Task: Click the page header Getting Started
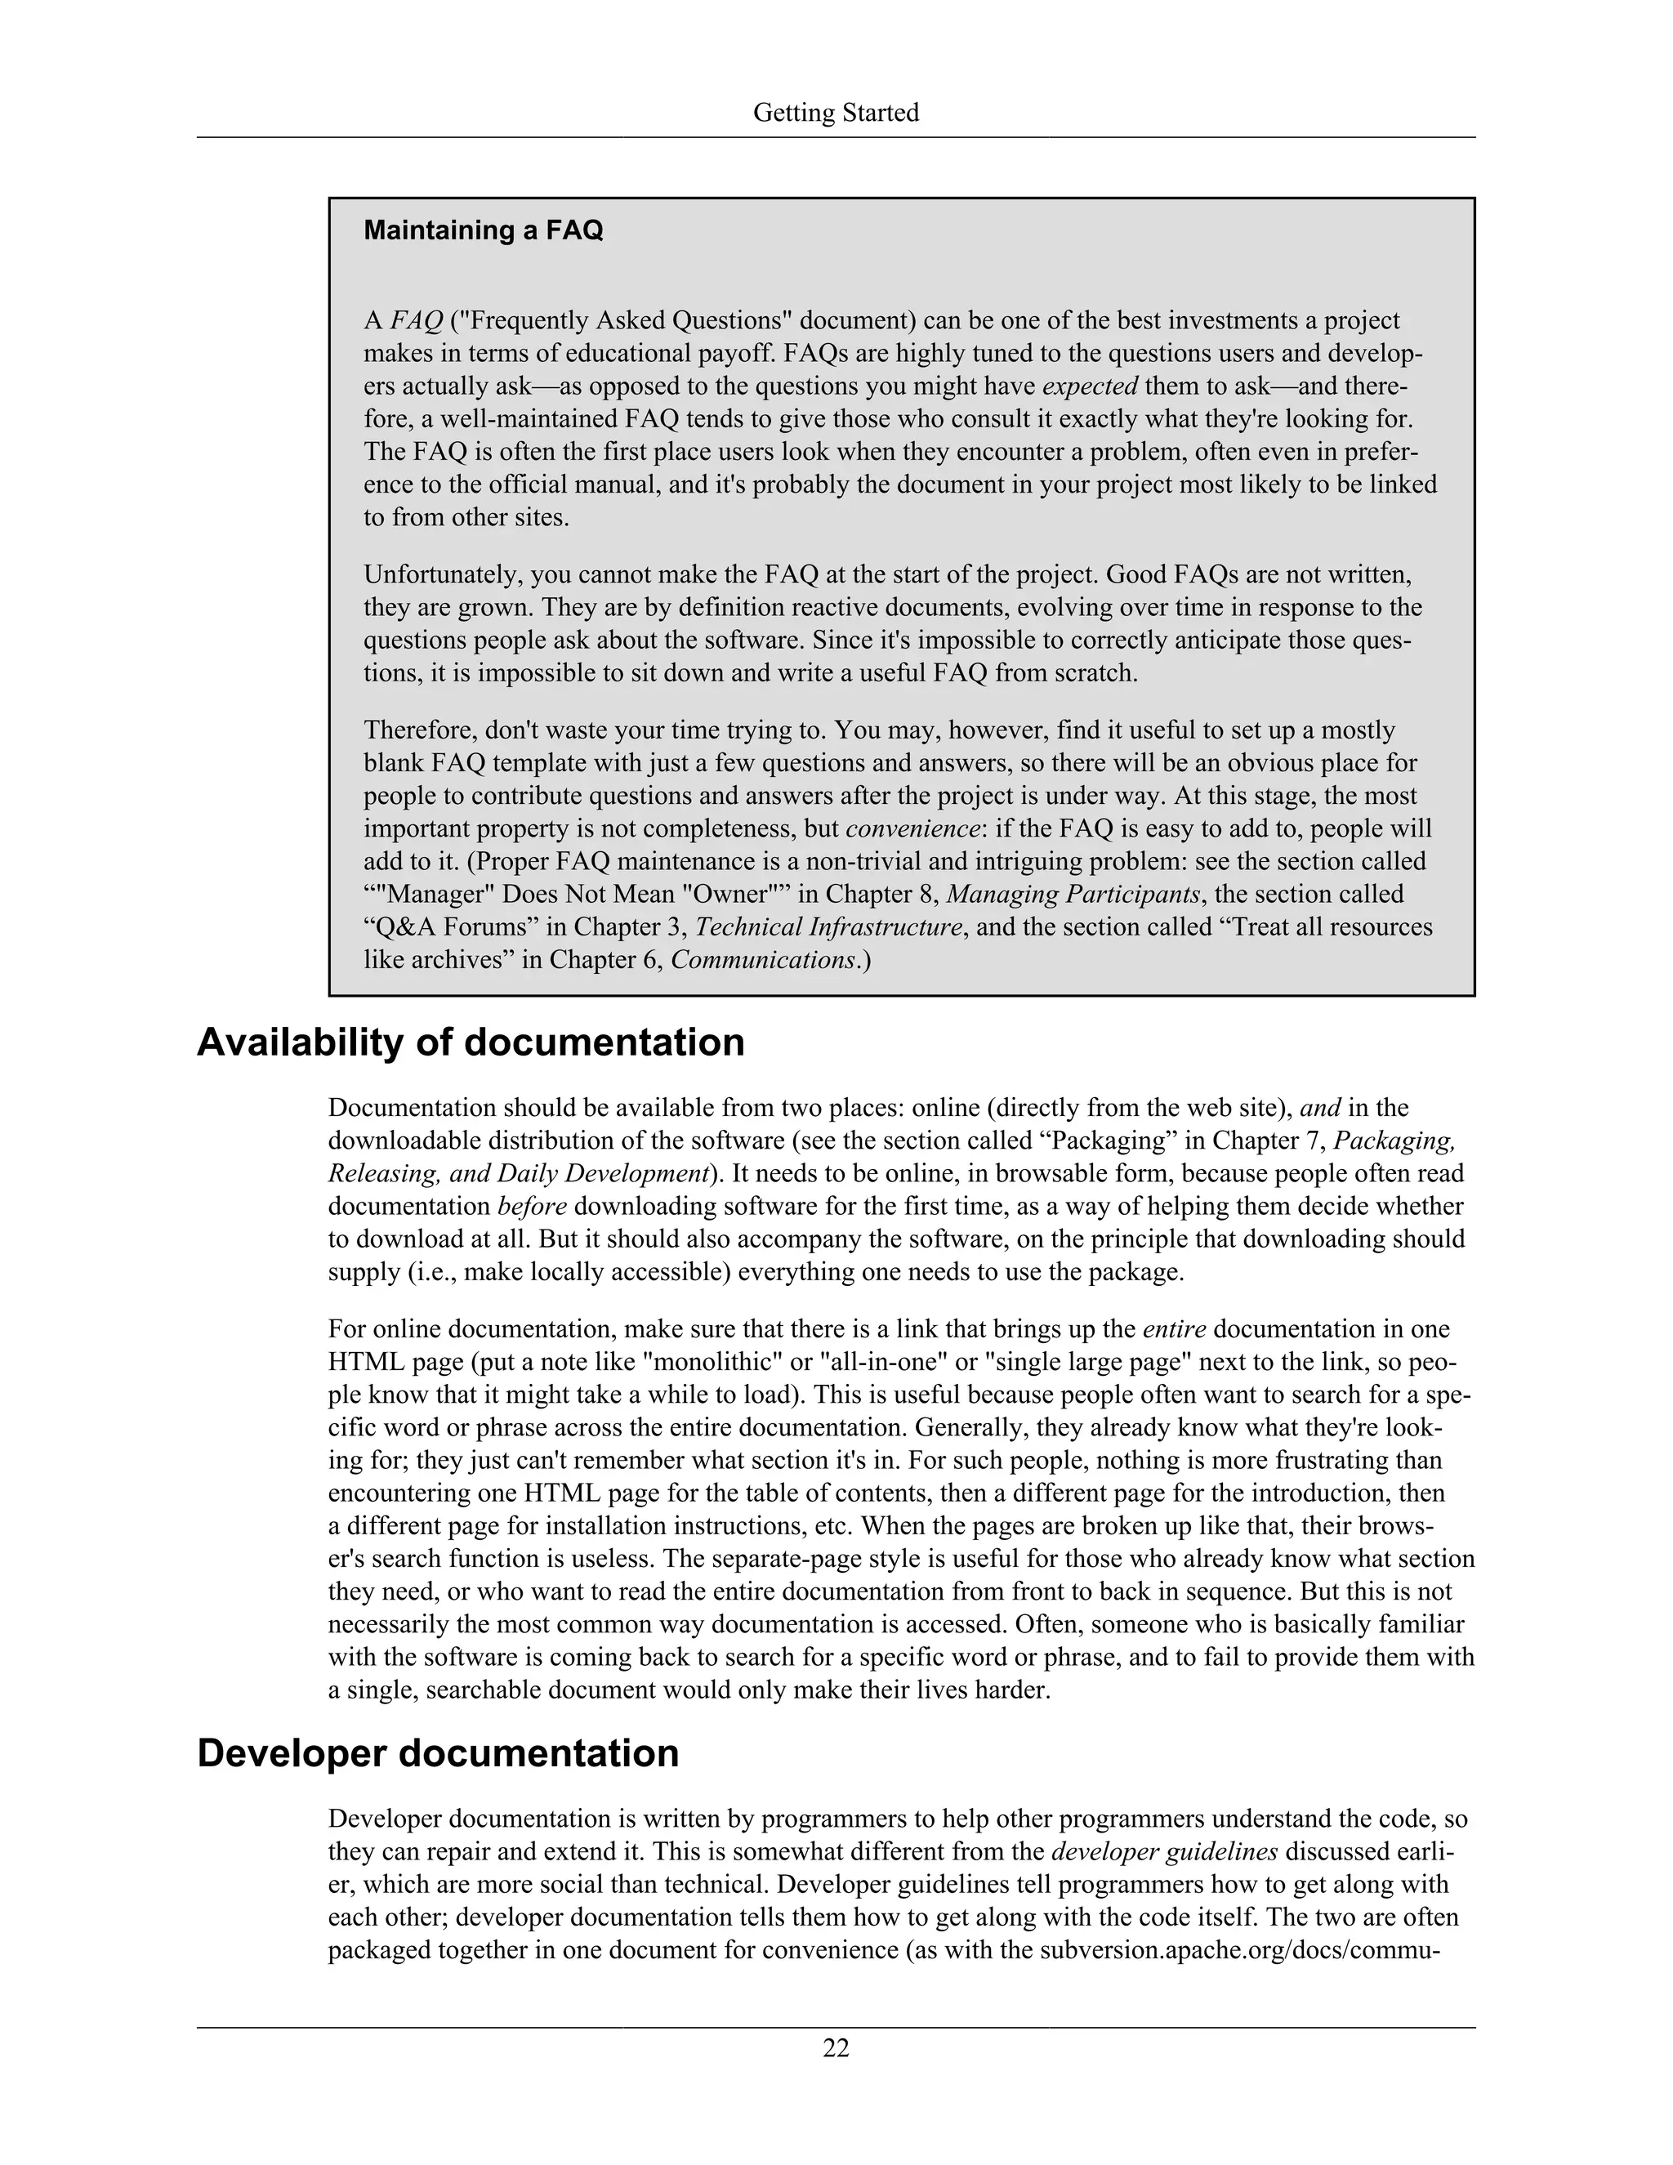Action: (x=836, y=113)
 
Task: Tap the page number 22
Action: (x=836, y=2047)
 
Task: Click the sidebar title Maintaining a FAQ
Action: (x=483, y=230)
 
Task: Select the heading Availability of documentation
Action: (x=470, y=1042)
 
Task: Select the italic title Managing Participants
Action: (x=1073, y=894)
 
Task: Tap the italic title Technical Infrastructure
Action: (x=828, y=927)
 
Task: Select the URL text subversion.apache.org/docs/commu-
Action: (x=1239, y=1950)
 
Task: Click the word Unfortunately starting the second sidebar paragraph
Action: (x=442, y=575)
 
